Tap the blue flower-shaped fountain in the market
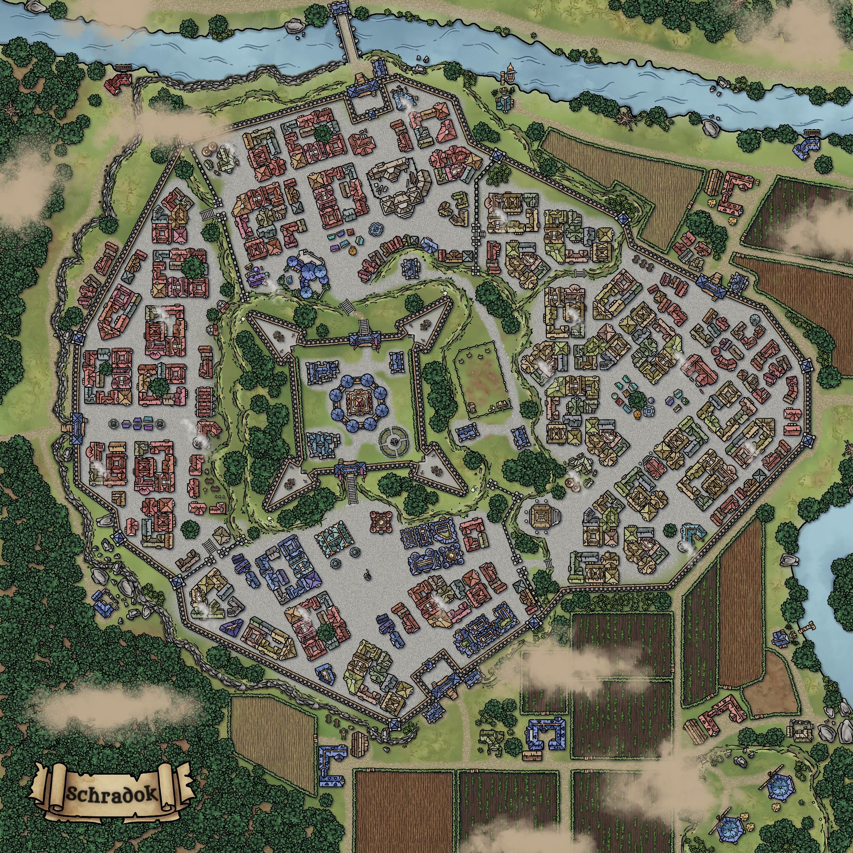pos(376,229)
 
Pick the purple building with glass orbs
pos(258,277)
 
